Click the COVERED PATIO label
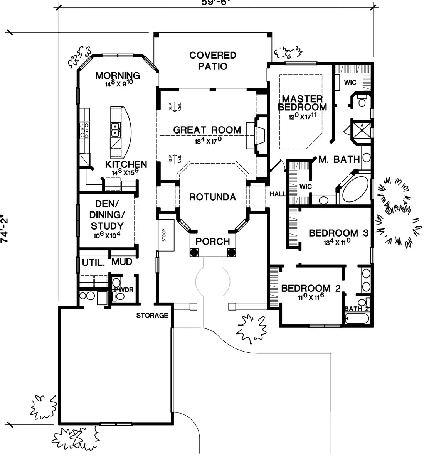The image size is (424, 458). pyautogui.click(x=213, y=61)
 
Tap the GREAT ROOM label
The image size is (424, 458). pyautogui.click(x=207, y=130)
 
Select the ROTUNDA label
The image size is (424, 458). pyautogui.click(x=212, y=197)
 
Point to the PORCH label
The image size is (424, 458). pyautogui.click(x=212, y=242)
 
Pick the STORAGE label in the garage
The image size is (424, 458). pyautogui.click(x=152, y=316)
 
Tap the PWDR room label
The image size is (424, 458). pyautogui.click(x=123, y=289)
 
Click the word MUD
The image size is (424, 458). pyautogui.click(x=122, y=262)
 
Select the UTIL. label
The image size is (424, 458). pyautogui.click(x=93, y=263)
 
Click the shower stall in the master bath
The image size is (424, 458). pyautogui.click(x=361, y=131)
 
